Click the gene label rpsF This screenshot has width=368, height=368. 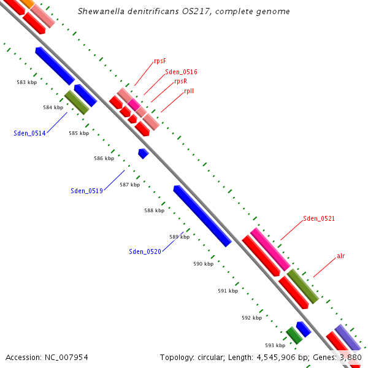point(160,61)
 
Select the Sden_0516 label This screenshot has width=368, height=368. point(181,72)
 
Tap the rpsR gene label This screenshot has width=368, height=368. point(180,81)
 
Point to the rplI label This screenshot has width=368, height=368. point(189,91)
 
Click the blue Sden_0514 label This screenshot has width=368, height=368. point(29,133)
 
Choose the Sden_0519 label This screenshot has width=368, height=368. point(86,191)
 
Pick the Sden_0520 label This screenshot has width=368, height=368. point(145,251)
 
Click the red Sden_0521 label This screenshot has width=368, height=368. point(319,218)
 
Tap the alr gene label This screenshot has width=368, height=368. point(340,256)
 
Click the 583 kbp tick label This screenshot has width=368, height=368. point(27,82)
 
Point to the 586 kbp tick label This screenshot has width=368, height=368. point(104,158)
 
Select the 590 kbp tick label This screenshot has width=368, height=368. point(203,264)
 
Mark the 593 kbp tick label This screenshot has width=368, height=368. point(275,345)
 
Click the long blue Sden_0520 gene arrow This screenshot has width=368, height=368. point(202,216)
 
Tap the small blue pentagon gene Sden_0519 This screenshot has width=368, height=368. point(144,153)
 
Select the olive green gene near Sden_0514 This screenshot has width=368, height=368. point(77,102)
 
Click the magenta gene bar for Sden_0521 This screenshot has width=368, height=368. point(270,248)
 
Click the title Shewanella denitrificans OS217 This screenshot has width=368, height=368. point(184,12)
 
